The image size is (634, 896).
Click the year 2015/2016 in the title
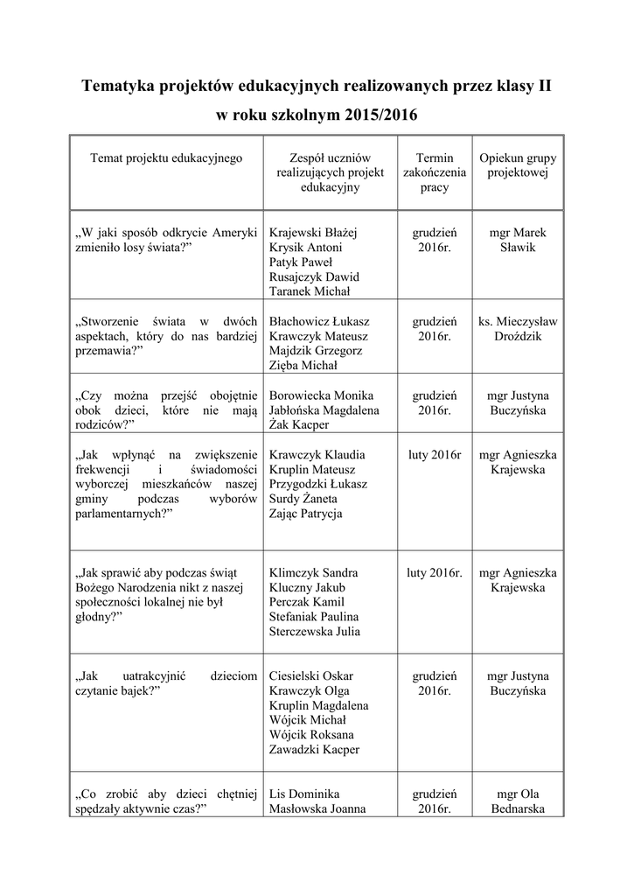pos(381,115)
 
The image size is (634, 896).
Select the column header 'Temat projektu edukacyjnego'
pos(166,158)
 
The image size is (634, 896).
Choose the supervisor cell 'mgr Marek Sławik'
pos(518,241)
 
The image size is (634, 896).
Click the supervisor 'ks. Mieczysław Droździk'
pos(518,328)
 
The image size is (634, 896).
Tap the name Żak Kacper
pos(300,424)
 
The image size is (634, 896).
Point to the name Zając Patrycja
pos(306,514)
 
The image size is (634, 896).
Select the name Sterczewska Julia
pos(314,631)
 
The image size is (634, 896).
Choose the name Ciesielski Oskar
pos(311,676)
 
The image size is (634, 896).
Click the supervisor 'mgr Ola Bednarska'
pos(518,801)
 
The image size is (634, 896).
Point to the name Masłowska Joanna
pos(317,809)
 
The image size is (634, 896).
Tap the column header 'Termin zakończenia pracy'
pos(435,172)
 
